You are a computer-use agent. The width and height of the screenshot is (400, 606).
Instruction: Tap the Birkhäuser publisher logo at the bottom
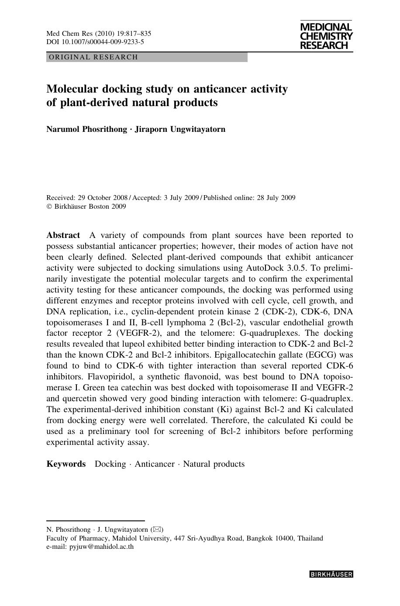331,575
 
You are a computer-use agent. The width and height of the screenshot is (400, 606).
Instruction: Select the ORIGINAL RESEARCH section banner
147,57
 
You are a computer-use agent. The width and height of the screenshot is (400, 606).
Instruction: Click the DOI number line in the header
95,42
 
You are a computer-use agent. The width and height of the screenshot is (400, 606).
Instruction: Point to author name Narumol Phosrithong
86,129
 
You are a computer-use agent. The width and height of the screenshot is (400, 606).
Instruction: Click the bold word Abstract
63,235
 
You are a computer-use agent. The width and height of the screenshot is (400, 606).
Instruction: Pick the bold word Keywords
66,464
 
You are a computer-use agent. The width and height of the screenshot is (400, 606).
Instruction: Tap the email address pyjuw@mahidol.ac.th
102,546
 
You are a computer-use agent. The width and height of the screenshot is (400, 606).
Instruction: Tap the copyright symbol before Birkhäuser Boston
49,207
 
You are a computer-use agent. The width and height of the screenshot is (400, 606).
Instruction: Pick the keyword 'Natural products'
214,464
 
